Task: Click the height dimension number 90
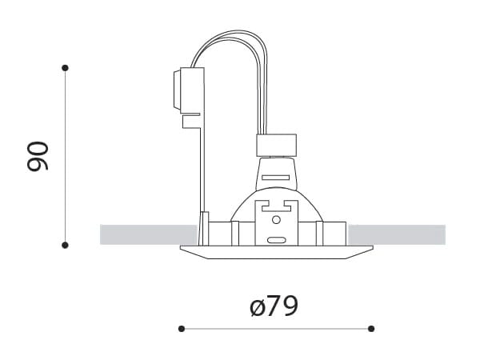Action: [38, 156]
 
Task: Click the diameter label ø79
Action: [274, 306]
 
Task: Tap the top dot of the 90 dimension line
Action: [66, 68]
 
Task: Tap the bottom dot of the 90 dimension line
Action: [66, 245]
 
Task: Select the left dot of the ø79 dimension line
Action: [182, 328]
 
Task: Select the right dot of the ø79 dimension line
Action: [371, 328]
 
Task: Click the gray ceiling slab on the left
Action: [148, 234]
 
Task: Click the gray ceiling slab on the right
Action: [397, 234]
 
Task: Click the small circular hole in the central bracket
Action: [276, 218]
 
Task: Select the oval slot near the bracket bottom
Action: [276, 239]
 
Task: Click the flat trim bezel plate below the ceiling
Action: [277, 252]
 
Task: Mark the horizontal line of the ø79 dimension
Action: [276, 328]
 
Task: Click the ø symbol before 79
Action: [257, 307]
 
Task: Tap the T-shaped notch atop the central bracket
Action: [276, 205]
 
